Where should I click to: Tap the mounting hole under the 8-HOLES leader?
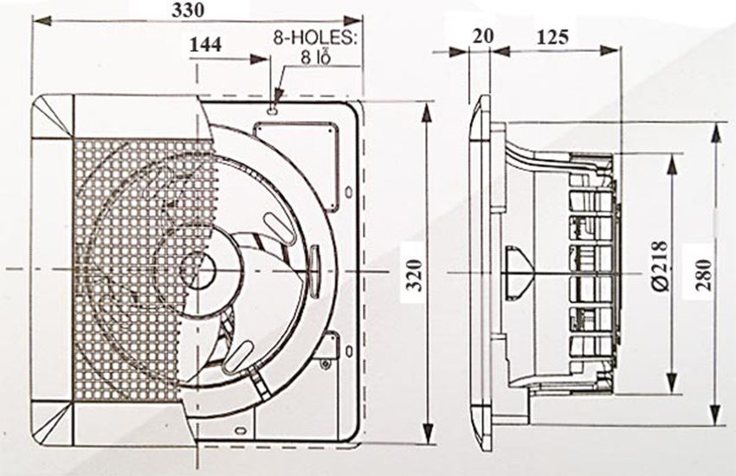(274, 109)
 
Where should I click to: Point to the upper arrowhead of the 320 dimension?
(428, 108)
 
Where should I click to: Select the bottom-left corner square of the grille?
(52, 423)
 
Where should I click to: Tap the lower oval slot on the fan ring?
(239, 351)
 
